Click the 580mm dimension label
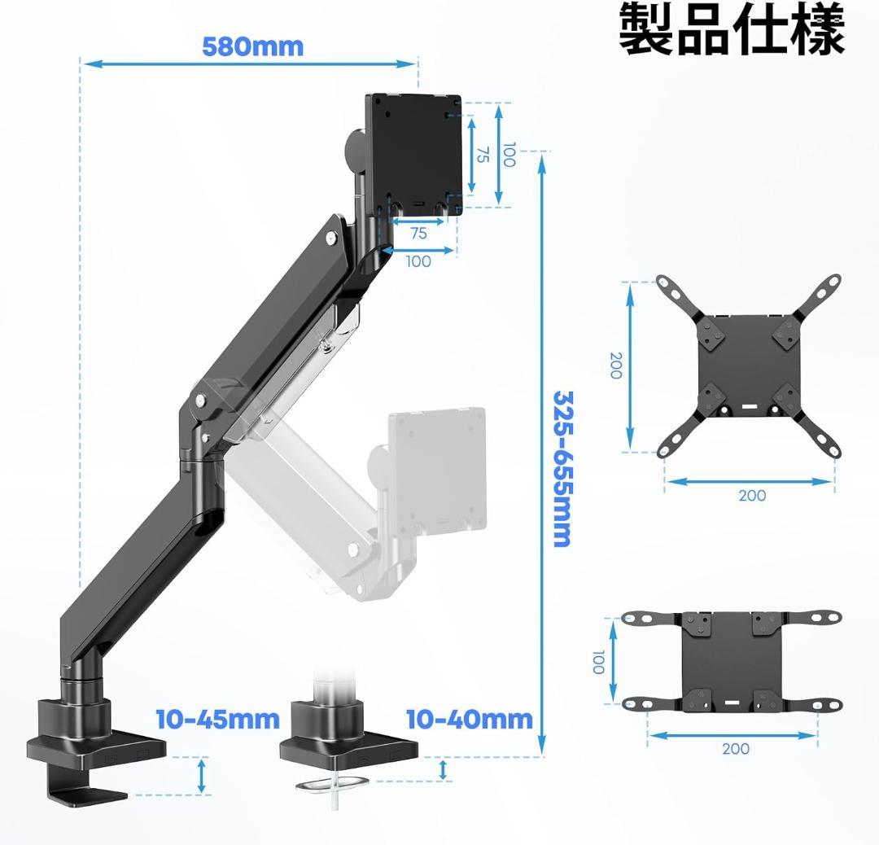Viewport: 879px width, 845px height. [252, 46]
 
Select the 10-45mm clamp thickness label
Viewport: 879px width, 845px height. [217, 720]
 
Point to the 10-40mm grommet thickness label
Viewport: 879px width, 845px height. [469, 719]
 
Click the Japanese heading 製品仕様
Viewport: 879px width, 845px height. [732, 30]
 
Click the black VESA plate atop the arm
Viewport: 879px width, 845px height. [413, 147]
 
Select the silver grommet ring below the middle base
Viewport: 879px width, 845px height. [332, 784]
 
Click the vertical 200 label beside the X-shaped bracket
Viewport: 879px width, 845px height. [615, 366]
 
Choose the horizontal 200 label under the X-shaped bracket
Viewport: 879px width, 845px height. [751, 495]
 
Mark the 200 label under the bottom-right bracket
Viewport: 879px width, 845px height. [735, 749]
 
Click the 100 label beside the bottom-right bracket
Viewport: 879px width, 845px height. [598, 662]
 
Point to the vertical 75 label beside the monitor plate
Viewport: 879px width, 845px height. [482, 155]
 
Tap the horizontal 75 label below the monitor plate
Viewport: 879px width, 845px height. [418, 234]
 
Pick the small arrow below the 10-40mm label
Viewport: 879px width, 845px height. [443, 769]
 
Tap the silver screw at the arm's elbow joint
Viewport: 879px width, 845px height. [199, 401]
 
